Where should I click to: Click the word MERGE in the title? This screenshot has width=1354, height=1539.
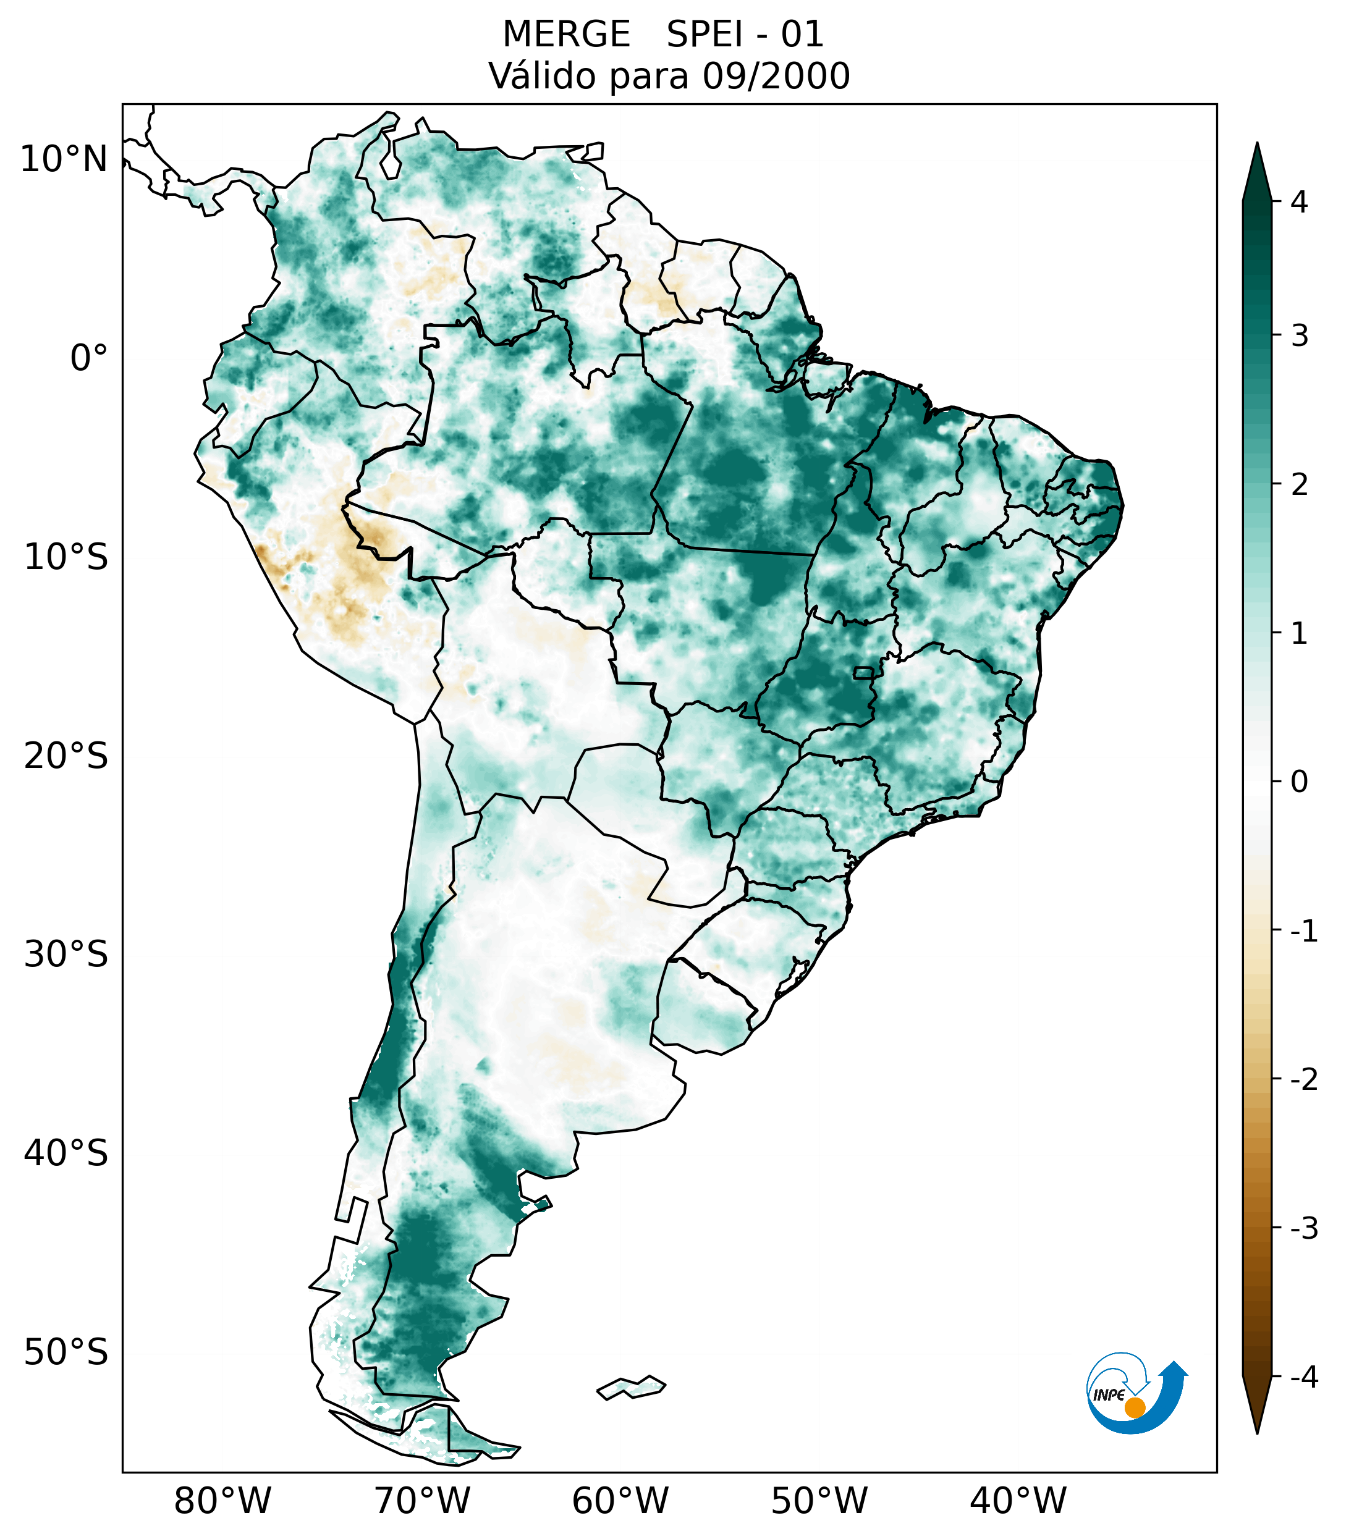[x=566, y=35]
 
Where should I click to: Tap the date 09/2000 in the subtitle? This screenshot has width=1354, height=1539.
[x=776, y=76]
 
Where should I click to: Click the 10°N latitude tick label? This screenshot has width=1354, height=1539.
[x=63, y=159]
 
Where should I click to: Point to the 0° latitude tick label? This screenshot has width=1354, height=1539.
[x=89, y=358]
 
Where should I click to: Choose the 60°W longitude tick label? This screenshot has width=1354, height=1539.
[x=620, y=1501]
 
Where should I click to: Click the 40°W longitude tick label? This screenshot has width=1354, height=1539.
[x=1017, y=1501]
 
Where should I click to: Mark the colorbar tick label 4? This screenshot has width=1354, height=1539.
[x=1299, y=202]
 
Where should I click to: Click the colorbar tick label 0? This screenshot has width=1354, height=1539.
[x=1299, y=782]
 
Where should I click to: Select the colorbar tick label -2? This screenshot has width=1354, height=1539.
[x=1303, y=1080]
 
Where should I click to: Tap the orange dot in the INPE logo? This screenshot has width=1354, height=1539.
[x=1134, y=1407]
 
